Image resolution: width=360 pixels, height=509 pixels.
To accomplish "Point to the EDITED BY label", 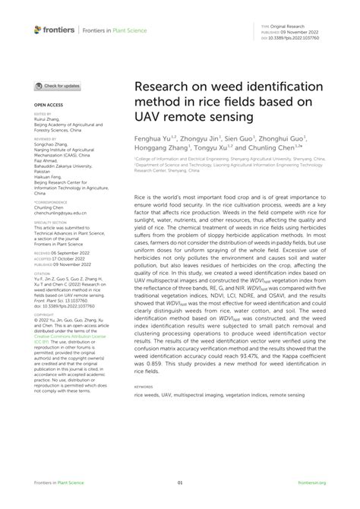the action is tap(42, 112).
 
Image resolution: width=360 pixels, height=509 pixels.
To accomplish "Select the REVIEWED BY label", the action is tap(45, 139).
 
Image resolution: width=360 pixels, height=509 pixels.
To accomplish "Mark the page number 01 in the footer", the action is tap(180, 482).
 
